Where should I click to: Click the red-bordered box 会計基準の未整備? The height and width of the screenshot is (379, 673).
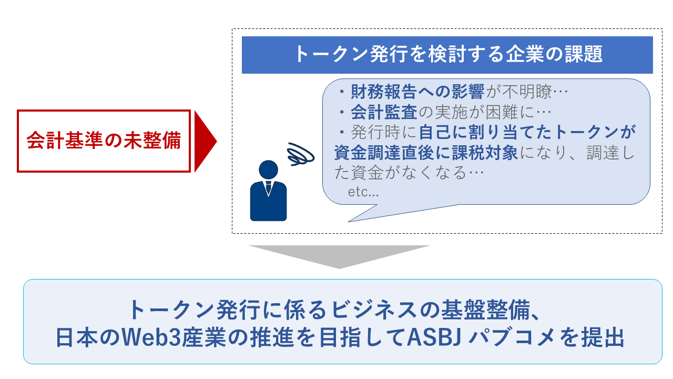(104, 141)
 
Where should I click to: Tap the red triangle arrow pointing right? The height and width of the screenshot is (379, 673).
(204, 141)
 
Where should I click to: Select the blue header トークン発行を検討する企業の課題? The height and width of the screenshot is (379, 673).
(447, 55)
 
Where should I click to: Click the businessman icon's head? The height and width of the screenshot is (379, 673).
(269, 169)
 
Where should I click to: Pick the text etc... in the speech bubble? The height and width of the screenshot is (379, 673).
(363, 192)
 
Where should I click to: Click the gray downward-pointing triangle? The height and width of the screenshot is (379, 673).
(339, 255)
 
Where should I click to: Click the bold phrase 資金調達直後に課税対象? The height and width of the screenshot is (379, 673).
(426, 152)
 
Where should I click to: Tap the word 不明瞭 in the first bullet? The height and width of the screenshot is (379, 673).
(528, 93)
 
